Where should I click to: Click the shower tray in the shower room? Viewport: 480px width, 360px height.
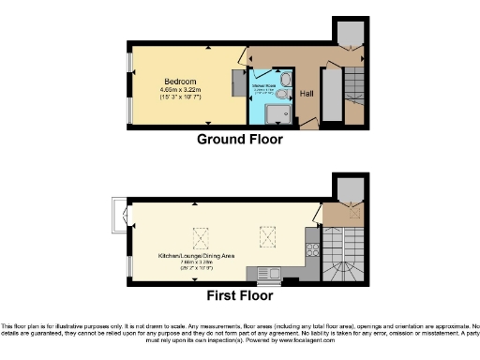[273, 113]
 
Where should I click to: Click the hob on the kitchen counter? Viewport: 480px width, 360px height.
[310, 250]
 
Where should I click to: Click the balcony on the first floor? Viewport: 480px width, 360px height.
[117, 217]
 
